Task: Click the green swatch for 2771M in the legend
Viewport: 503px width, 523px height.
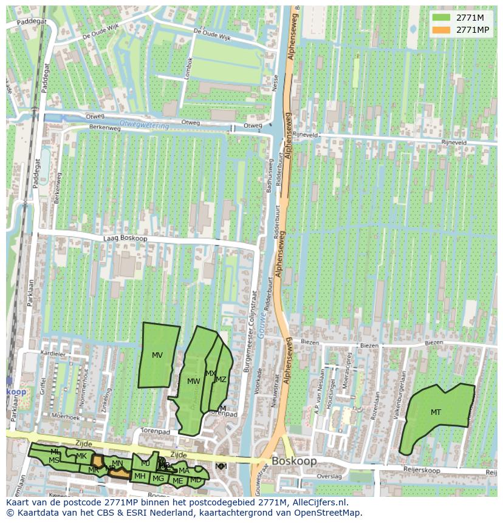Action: point(442,17)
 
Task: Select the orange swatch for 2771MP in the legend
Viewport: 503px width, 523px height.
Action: point(442,30)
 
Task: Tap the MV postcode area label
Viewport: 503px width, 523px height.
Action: point(157,355)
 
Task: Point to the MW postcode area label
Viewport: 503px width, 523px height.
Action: point(194,381)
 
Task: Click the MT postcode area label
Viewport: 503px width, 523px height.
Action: point(436,412)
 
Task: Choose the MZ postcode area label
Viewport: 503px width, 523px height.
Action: point(221,380)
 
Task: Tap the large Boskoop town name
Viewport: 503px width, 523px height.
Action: point(294,461)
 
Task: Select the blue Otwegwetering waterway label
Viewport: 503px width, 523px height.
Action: point(143,123)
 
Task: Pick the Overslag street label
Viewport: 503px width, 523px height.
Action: point(330,476)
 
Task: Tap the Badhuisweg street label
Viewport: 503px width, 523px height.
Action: point(270,176)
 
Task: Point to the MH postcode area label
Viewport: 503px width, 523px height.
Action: point(140,476)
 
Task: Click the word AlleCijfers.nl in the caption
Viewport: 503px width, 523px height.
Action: point(320,502)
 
